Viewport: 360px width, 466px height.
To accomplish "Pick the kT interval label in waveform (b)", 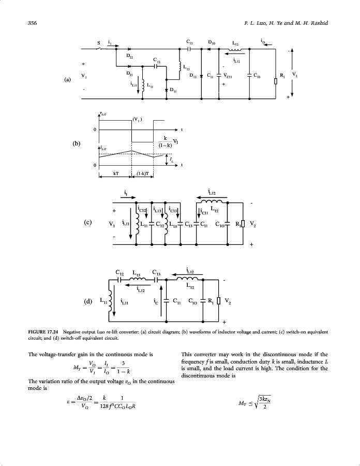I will (114, 174).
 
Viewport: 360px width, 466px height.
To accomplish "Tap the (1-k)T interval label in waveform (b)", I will (143, 174).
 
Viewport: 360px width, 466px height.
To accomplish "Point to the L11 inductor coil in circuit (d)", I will (110, 299).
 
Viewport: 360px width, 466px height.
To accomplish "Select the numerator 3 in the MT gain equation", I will (124, 363).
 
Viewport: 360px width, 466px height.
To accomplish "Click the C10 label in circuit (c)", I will (220, 225).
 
